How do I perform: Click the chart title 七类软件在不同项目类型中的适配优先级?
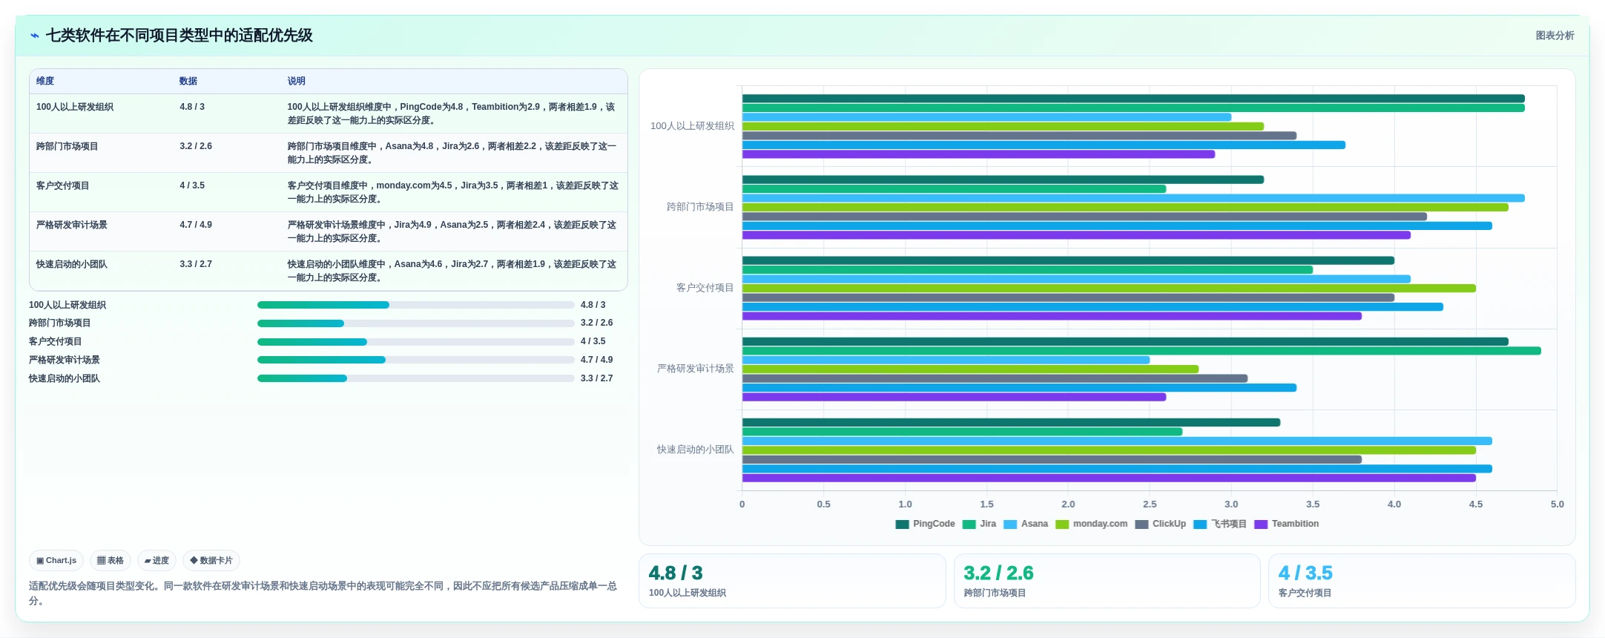click(179, 36)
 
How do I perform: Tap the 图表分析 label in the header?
click(1555, 36)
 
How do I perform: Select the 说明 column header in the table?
click(297, 81)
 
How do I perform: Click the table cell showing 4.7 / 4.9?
click(196, 225)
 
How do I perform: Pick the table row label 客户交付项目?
click(62, 185)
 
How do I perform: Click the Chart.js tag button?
click(56, 560)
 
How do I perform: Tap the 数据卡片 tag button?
click(211, 560)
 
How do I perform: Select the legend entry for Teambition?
click(1287, 524)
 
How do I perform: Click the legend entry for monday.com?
click(1092, 524)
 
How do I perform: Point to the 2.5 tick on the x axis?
click(1150, 504)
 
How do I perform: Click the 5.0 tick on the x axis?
click(1557, 504)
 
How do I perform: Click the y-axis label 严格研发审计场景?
click(696, 369)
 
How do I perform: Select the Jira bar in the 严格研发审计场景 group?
click(1141, 351)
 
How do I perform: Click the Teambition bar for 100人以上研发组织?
click(978, 154)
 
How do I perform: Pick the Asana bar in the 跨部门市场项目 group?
click(1133, 198)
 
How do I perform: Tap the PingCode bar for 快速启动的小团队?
click(1011, 423)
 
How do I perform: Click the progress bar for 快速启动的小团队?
click(416, 378)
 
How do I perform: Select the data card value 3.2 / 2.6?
click(998, 573)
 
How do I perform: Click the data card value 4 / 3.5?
click(1305, 573)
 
